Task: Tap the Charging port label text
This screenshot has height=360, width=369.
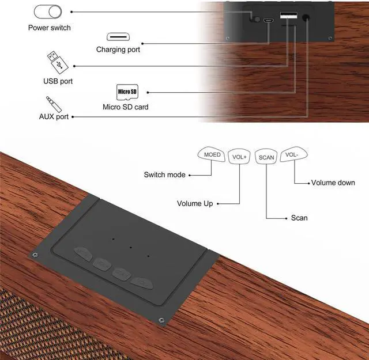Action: click(x=118, y=50)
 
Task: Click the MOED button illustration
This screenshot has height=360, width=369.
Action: click(x=213, y=155)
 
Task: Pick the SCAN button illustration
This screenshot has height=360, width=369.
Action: click(x=266, y=157)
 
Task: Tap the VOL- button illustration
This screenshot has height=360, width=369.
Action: click(x=293, y=155)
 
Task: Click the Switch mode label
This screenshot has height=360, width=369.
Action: click(x=164, y=175)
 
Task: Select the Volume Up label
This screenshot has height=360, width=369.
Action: click(x=195, y=203)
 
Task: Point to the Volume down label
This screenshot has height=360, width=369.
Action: click(x=333, y=183)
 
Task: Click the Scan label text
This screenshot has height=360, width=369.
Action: click(x=299, y=218)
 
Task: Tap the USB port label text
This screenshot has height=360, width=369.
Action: click(x=58, y=81)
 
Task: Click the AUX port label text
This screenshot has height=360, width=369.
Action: click(x=54, y=116)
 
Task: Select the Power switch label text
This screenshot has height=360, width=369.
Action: click(x=50, y=28)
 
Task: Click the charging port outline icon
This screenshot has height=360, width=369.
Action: click(x=118, y=36)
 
